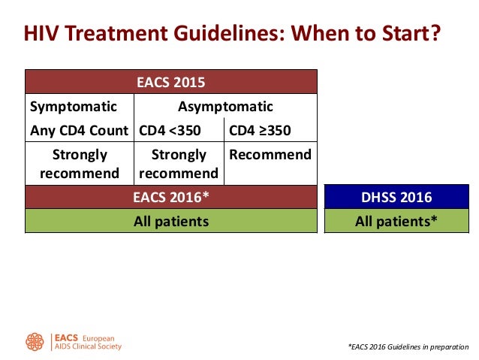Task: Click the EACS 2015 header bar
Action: pos(170,82)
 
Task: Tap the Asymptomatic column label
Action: pos(225,106)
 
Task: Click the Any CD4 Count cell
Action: pos(78,130)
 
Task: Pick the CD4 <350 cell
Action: pos(170,130)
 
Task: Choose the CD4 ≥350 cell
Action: pos(260,130)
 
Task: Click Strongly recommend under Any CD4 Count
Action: pos(80,164)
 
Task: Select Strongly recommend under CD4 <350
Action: pos(179,164)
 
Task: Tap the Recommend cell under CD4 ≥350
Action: pos(270,155)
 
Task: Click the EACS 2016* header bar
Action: pos(170,198)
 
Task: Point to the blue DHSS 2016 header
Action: pos(397,198)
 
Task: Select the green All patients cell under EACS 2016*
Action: pos(170,221)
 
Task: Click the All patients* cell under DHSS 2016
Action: pos(397,221)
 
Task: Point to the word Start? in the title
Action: pos(407,33)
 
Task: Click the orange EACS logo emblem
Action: pos(35,342)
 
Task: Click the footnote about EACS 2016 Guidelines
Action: pos(408,347)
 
